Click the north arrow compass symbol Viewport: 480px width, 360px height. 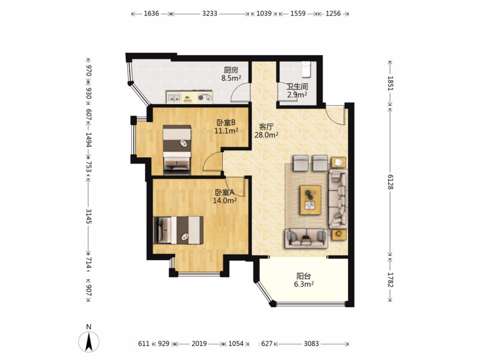89,341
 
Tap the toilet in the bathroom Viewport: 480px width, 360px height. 306,69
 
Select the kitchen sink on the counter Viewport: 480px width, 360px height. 173,98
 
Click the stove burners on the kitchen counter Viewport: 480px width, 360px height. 205,97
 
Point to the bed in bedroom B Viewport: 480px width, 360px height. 177,149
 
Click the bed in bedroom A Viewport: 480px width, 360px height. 178,230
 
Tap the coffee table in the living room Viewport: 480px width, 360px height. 310,199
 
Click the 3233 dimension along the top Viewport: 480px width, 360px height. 209,13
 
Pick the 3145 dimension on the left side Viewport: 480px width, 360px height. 88,216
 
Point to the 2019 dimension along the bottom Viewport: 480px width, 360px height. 199,343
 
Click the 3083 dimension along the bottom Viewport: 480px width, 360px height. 311,343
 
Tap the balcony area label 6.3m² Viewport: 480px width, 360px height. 303,284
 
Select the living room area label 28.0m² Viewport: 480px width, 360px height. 266,134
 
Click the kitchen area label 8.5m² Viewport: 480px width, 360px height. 231,78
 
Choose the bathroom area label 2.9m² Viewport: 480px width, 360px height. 297,94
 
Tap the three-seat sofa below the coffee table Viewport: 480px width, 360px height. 306,238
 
